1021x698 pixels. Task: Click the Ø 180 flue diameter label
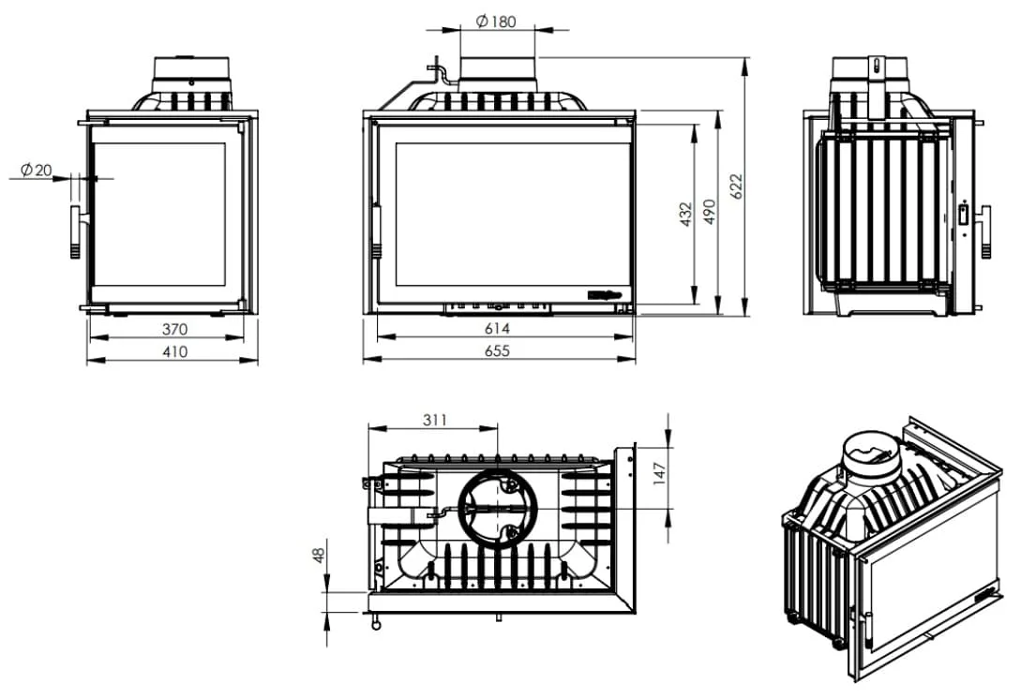[x=496, y=22]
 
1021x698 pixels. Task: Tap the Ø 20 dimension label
[x=36, y=171]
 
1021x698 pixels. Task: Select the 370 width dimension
[x=174, y=329]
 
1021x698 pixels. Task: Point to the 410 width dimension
[x=174, y=352]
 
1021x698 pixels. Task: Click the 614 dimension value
[x=498, y=329]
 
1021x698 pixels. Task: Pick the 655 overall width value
[x=498, y=351]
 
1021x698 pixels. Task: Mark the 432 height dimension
[x=685, y=215]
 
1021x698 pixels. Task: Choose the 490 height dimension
[x=710, y=212]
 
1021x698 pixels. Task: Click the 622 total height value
[x=736, y=186]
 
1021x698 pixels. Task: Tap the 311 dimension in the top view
[x=434, y=420]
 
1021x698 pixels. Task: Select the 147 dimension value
[x=660, y=473]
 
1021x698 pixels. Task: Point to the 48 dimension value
[x=319, y=556]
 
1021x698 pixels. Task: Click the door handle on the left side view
[x=76, y=232]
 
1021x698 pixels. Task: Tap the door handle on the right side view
[x=985, y=232]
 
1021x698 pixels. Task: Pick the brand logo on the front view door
[x=605, y=295]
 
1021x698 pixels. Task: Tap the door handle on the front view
[x=376, y=232]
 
